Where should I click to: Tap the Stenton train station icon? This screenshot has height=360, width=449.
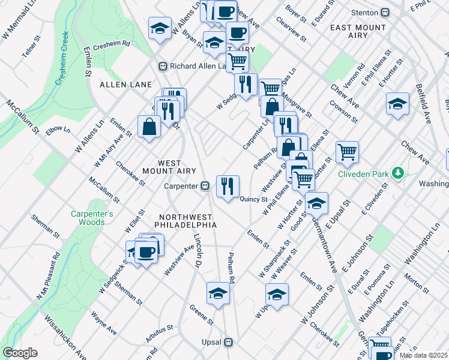click(385, 12)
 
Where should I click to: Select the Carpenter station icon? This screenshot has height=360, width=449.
click(205, 186)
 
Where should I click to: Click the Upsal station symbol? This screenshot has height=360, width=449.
click(228, 343)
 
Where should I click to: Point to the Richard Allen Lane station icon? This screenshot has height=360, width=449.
click(162, 66)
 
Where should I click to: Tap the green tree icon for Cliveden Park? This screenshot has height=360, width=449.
click(396, 173)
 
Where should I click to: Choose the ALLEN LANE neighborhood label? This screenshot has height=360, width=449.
click(125, 85)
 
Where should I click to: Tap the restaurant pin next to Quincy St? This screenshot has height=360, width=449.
click(228, 186)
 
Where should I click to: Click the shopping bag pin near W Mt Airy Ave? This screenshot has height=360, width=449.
click(148, 127)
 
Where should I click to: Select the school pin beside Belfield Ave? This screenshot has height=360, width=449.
click(397, 104)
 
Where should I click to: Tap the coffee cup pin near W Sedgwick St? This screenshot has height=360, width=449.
click(146, 250)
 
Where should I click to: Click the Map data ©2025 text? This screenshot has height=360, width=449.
click(423, 355)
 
